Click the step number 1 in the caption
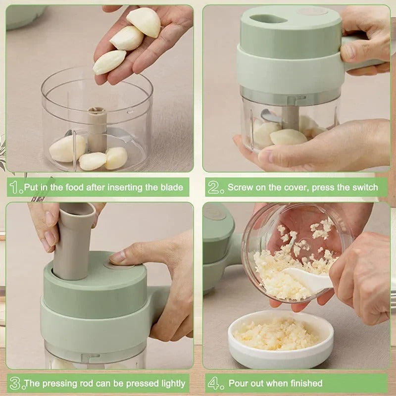15,187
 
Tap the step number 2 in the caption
214,187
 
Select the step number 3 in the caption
15,383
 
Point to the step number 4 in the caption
214,383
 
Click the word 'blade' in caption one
171,188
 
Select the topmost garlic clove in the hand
144,22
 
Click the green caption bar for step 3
99,383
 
